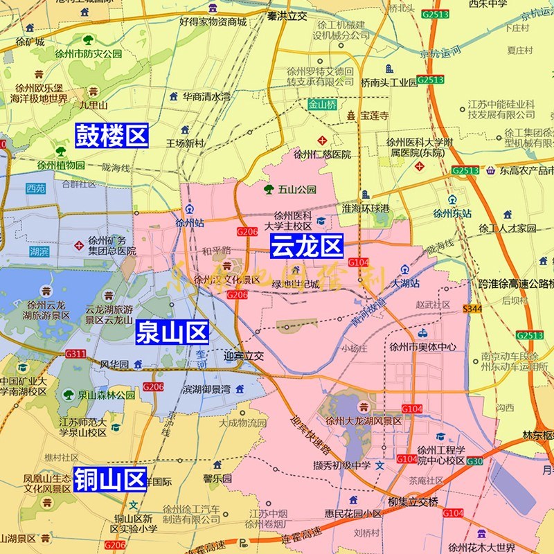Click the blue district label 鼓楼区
(111, 135)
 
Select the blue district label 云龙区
(306, 246)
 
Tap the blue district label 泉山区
(172, 332)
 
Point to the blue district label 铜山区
(111, 479)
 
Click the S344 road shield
(472, 308)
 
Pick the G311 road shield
(75, 354)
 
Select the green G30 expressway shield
(474, 461)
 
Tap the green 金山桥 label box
(322, 105)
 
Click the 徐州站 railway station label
(189, 223)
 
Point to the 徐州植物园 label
(61, 166)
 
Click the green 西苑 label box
(35, 188)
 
